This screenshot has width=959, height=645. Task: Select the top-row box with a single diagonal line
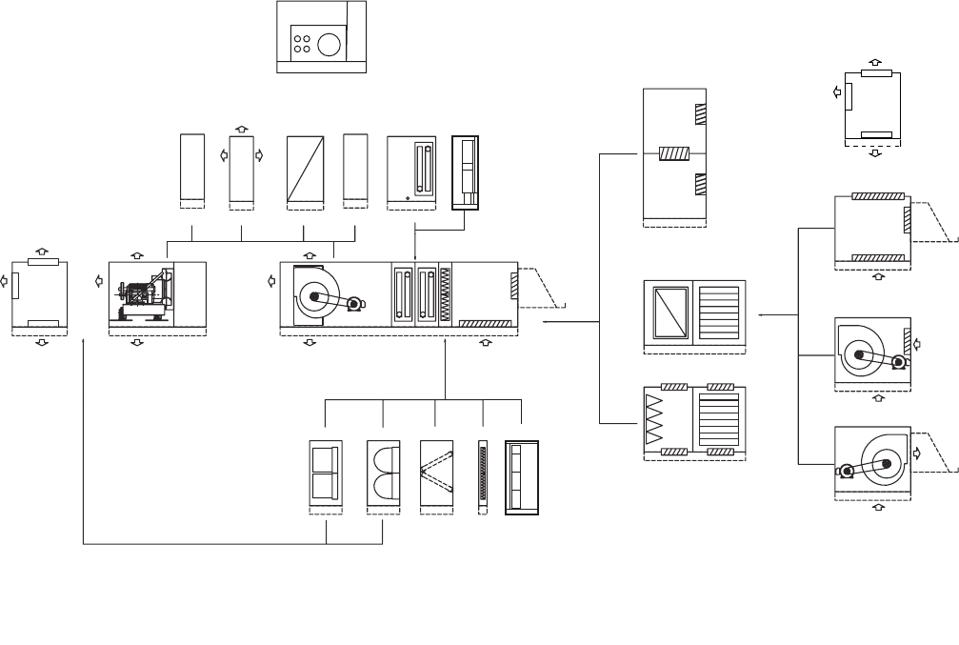click(x=306, y=169)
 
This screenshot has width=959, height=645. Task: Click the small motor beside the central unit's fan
click(x=354, y=304)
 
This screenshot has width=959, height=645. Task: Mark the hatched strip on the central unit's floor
click(x=484, y=323)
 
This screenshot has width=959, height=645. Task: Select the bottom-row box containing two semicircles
click(x=383, y=474)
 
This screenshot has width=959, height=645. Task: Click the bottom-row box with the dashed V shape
click(x=436, y=474)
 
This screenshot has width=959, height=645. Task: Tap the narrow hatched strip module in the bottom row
click(x=483, y=474)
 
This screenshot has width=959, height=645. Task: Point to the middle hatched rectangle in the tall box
click(x=675, y=153)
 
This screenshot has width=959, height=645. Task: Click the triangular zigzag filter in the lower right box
click(x=653, y=420)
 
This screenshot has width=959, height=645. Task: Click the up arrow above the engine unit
click(x=136, y=255)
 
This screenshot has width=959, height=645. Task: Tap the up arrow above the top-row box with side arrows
click(x=242, y=128)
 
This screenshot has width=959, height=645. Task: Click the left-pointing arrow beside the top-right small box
click(x=837, y=92)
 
